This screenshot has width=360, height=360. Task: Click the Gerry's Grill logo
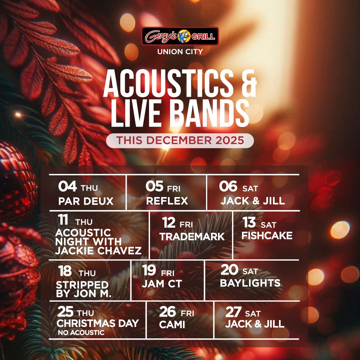coord(180,36)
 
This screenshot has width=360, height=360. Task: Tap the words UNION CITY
coord(180,52)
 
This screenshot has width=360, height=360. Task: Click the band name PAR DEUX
coord(86,201)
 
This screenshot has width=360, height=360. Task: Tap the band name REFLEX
coord(167,201)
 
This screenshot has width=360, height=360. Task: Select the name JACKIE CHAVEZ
coord(98,250)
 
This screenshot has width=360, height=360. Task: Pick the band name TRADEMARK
coord(192,237)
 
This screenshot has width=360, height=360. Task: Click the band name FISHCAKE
coord(267,236)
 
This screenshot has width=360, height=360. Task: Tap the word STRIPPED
coord(82,285)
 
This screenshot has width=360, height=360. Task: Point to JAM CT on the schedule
coord(162,284)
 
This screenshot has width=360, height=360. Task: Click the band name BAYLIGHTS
coord(250,283)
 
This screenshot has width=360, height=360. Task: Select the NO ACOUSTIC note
coord(81,332)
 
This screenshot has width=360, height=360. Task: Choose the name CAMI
coord(172,324)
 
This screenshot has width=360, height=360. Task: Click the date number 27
coord(233,312)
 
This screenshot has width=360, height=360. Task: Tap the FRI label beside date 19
coord(168,273)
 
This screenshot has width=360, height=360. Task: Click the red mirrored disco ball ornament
coord(17,181)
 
